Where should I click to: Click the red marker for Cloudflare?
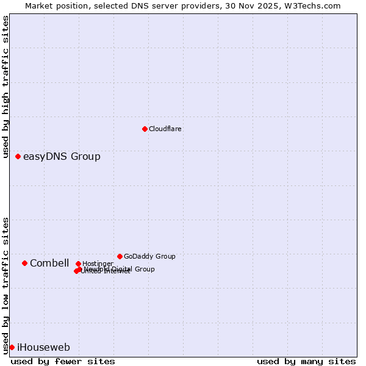145,129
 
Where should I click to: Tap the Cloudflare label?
165,129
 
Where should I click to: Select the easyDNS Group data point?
18,157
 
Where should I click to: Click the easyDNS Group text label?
62,157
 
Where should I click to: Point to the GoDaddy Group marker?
120,256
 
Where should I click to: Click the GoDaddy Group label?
149,256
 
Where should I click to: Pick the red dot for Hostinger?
78,264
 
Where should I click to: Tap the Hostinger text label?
98,264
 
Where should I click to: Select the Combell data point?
24,264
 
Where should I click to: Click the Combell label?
49,264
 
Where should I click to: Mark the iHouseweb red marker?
12,348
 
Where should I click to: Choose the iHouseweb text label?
43,348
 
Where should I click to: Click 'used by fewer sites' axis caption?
63,361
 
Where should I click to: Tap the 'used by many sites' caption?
306,361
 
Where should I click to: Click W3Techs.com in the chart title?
312,5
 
